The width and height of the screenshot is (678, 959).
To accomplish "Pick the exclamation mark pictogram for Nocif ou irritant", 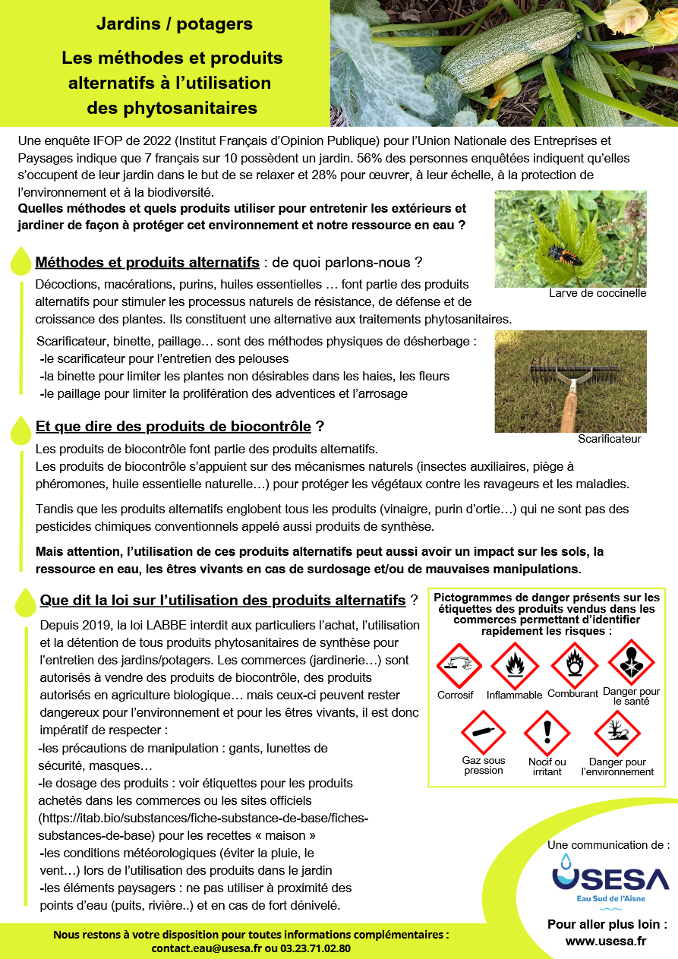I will coord(547,733).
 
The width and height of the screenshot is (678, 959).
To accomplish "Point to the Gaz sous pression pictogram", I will coord(484,732).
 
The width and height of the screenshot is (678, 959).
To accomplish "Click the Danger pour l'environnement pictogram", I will coord(617,733).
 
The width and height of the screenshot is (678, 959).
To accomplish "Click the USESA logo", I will coord(610,880).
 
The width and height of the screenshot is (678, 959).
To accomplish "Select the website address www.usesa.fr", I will coord(607,942).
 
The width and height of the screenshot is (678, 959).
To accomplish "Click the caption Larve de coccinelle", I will coord(598,293).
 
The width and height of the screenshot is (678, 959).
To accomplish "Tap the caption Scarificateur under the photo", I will coord(609,439).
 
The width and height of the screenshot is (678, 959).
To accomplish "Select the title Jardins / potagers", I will coord(175,24).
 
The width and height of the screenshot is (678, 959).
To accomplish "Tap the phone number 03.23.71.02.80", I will coord(315,948).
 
